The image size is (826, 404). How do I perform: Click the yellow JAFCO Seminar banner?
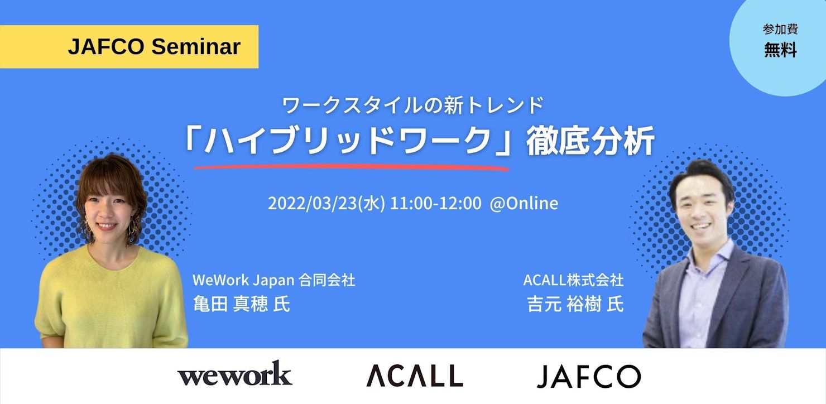coord(129,47)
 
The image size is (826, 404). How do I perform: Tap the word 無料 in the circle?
coord(780,50)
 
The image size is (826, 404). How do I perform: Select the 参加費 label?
coord(780,29)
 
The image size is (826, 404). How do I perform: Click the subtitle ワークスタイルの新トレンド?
coord(413,105)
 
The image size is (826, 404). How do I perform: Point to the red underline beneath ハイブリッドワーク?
coord(351,167)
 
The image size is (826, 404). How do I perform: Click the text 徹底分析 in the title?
coord(590,141)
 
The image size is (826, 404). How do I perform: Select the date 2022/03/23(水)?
coord(326,203)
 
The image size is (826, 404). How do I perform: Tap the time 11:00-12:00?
coord(435,203)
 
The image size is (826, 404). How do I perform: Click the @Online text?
coord(524,203)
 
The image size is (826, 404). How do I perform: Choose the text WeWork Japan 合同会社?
coord(273,280)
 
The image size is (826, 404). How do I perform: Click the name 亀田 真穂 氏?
coord(242,304)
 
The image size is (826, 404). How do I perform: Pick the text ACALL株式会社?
coord(573,280)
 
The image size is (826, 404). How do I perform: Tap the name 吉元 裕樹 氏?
coord(575,304)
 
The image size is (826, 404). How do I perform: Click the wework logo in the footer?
coord(235,373)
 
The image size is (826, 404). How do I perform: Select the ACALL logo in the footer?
coord(415,375)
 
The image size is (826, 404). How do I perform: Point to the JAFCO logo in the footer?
coord(589,376)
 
